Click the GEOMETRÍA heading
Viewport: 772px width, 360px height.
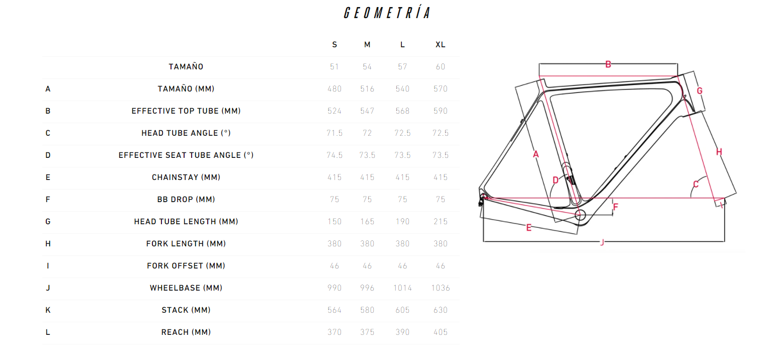[387, 13]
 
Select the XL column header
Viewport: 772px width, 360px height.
[441, 45]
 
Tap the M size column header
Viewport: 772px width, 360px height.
[367, 45]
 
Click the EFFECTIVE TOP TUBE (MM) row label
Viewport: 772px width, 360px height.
[186, 111]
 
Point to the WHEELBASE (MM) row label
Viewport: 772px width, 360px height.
[186, 288]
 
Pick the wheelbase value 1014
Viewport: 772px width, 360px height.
[402, 288]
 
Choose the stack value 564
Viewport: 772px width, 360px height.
[334, 310]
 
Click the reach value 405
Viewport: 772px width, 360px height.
[441, 332]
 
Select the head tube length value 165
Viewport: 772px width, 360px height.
[367, 222]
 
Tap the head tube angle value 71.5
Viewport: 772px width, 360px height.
[334, 133]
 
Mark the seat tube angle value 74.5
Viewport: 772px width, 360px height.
[334, 155]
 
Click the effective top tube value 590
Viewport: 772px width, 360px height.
[441, 111]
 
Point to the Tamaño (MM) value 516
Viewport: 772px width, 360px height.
[367, 89]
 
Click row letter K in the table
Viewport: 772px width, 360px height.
[48, 310]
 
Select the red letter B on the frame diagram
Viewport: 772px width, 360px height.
[608, 64]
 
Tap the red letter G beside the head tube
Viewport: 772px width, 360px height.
[700, 91]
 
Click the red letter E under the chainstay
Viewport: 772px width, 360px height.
[529, 228]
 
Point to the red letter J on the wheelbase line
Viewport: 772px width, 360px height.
[602, 242]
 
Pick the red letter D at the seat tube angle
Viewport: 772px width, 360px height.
[556, 180]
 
